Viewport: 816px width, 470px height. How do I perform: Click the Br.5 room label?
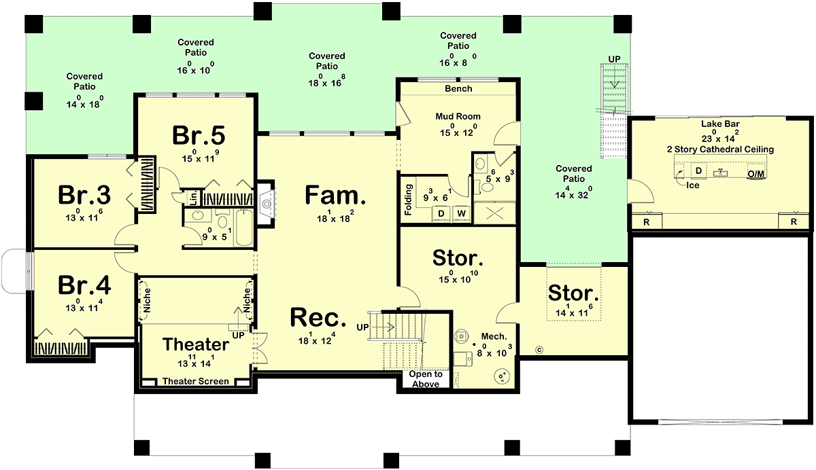[199, 135]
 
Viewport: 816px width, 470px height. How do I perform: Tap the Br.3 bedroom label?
[84, 195]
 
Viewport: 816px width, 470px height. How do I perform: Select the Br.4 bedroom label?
[84, 285]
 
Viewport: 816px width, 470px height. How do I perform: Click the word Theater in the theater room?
[196, 344]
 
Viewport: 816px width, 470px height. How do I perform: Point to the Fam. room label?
[335, 195]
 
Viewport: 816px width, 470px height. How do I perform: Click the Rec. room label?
[318, 318]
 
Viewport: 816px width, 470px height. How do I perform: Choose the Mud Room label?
[458, 116]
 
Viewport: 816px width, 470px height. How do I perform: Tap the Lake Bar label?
[720, 124]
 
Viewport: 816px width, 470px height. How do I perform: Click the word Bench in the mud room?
[458, 88]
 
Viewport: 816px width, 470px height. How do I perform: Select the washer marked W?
[461, 213]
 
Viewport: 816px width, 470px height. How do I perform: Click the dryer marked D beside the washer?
[441, 213]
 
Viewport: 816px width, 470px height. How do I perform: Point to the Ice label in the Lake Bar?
[692, 185]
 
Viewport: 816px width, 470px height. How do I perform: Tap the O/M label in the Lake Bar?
[756, 175]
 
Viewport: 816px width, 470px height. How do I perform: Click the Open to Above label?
[426, 379]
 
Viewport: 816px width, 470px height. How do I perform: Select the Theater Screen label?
[196, 381]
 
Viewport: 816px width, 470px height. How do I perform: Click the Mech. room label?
[494, 336]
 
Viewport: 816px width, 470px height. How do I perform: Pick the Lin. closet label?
[193, 198]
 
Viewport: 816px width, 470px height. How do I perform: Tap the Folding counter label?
[408, 200]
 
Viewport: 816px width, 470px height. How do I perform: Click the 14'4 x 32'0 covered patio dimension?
[574, 194]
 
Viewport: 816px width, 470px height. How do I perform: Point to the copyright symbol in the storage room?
[539, 350]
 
